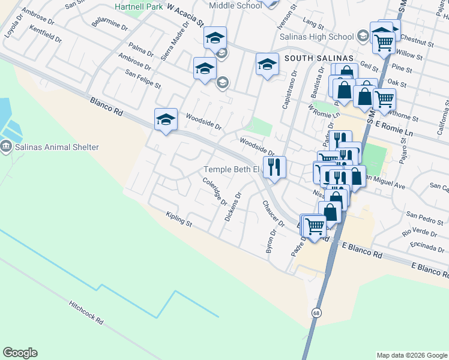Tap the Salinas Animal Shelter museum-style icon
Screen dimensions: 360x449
click(7, 146)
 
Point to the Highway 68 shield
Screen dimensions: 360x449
click(316, 313)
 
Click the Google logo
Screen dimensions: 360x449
click(20, 353)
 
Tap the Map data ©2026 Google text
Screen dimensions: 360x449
click(412, 355)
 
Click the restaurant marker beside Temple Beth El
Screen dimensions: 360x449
click(275, 167)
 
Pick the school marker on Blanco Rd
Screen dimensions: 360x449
click(166, 119)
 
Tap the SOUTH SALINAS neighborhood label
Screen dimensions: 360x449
click(319, 58)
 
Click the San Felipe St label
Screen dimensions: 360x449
click(143, 79)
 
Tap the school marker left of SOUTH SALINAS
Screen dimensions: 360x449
click(267, 64)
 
